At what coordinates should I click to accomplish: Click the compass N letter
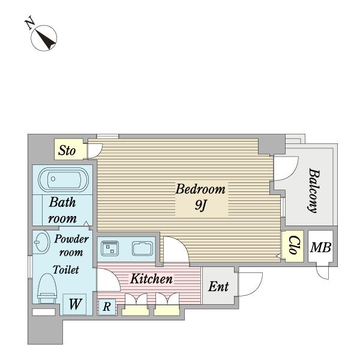(x=29, y=23)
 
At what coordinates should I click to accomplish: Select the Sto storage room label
(x=67, y=151)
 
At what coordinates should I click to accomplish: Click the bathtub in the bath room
(x=63, y=179)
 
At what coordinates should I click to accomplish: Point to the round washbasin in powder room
(x=42, y=242)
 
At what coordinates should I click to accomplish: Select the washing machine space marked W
(x=74, y=304)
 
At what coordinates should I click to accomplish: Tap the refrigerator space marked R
(x=107, y=307)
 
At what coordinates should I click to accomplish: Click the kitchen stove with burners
(x=110, y=248)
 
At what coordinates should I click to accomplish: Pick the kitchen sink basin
(x=143, y=248)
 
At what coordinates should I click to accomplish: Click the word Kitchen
(x=151, y=279)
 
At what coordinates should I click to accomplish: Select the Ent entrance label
(x=218, y=287)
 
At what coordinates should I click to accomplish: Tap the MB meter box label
(x=321, y=247)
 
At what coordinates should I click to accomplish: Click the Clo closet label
(x=293, y=245)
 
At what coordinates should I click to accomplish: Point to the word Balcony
(x=314, y=191)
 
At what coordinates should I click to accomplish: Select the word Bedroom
(x=200, y=189)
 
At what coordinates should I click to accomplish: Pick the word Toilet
(x=66, y=269)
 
